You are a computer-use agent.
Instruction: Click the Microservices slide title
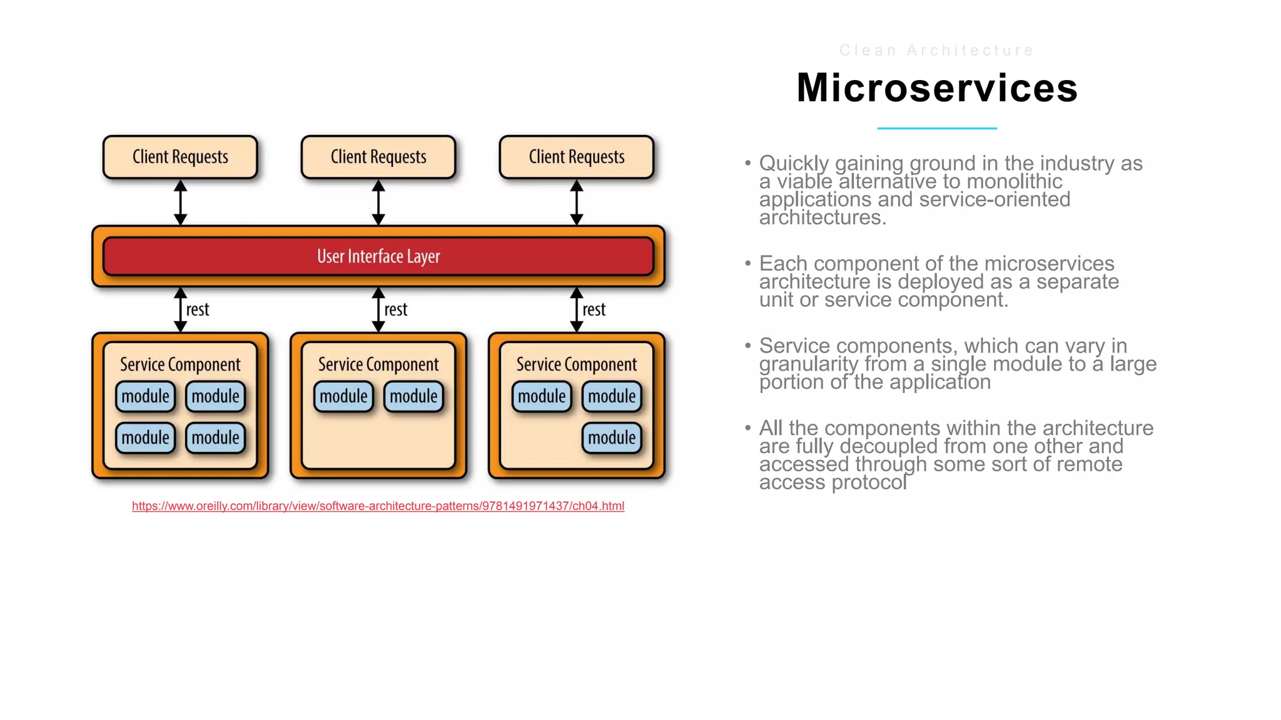click(x=936, y=88)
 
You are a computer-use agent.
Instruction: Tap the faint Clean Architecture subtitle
click(x=936, y=51)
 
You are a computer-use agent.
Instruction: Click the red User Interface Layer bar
click(x=378, y=256)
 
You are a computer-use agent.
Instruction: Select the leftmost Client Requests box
click(x=180, y=157)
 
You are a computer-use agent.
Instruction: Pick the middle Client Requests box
click(x=378, y=157)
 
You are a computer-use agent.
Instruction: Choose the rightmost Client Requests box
click(x=576, y=157)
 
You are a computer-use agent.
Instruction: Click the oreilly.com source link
click(x=378, y=506)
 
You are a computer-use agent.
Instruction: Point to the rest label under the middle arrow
click(x=395, y=309)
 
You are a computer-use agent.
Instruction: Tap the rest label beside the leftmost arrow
click(x=198, y=309)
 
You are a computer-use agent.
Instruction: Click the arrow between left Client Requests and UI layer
click(x=180, y=202)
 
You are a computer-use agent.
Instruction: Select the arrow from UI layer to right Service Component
click(x=576, y=310)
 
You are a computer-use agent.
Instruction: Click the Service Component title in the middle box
click(x=378, y=364)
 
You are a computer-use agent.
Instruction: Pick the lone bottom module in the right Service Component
click(x=612, y=437)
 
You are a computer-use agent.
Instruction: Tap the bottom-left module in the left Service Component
click(x=145, y=437)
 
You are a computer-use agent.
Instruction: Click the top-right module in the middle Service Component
click(x=413, y=396)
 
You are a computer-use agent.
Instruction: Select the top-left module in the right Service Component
click(x=542, y=396)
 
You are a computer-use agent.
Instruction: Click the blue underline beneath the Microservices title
click(x=936, y=128)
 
